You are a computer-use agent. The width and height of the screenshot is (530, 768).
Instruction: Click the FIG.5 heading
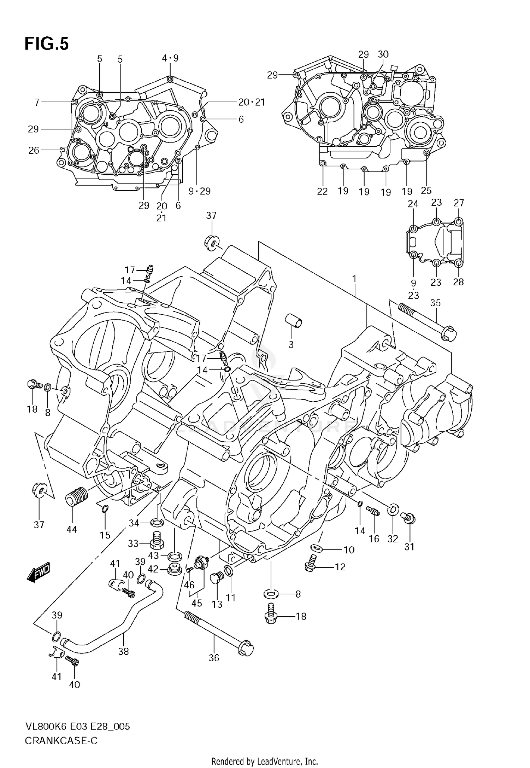tap(46, 44)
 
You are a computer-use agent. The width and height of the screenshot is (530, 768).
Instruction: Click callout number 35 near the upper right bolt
tap(435, 303)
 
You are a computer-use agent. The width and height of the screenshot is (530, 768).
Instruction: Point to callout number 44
tap(72, 530)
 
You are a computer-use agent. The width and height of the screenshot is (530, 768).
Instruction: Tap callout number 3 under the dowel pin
tap(291, 344)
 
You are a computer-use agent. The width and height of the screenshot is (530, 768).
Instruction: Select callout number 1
tap(354, 279)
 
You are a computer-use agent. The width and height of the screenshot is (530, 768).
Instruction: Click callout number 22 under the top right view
tap(322, 191)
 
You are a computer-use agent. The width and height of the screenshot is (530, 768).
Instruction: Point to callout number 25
tap(426, 190)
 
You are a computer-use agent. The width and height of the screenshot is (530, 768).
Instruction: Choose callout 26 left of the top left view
tap(34, 150)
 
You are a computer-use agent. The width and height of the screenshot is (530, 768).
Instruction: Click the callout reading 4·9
tap(170, 58)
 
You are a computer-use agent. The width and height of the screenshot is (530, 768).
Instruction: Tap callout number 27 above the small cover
tap(459, 203)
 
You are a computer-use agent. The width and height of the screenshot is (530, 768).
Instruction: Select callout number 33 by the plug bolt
tap(133, 543)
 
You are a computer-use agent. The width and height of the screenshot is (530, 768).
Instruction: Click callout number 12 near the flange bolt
tap(340, 567)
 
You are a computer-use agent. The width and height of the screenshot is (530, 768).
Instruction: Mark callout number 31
tap(409, 547)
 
